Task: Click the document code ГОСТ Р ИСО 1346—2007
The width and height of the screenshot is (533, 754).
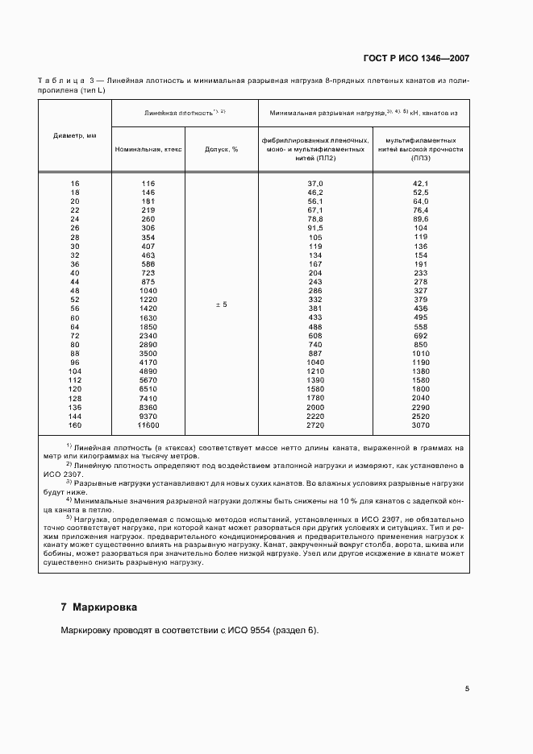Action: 418,59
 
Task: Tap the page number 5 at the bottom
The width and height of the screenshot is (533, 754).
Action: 467,688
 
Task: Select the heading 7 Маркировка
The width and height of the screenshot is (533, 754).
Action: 99,606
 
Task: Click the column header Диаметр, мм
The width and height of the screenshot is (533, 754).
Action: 75,135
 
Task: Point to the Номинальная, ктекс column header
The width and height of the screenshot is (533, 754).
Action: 148,149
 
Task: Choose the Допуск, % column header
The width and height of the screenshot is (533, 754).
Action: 221,149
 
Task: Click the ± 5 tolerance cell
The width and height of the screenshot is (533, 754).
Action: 221,305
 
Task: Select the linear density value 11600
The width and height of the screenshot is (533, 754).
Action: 148,425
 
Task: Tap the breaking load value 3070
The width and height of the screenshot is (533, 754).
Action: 420,425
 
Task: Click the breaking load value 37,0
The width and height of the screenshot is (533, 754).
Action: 314,184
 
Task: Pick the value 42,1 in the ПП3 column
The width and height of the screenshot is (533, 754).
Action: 420,184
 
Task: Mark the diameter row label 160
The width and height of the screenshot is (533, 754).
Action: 76,425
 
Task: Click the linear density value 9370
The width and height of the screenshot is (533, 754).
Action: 148,416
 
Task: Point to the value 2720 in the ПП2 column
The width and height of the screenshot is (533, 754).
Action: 314,425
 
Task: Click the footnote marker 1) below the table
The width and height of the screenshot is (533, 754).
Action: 69,445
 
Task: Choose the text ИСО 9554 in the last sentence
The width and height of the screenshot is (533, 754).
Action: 229,630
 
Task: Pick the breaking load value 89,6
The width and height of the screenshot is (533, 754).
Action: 420,218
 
